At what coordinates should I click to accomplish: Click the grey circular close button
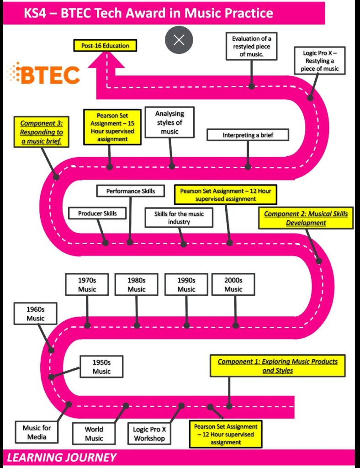point(179,40)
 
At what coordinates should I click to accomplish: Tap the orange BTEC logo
point(44,74)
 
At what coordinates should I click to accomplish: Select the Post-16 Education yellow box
point(105,46)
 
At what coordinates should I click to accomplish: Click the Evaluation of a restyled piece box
point(251,46)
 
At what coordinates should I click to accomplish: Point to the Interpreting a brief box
point(248,135)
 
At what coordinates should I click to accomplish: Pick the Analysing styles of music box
point(169,122)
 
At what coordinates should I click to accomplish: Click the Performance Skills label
point(131,191)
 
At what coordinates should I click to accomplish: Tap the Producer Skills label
point(97,213)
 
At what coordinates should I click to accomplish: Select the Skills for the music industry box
point(179,218)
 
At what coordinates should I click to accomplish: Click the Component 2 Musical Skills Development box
point(306,218)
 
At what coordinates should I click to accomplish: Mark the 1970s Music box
point(87,284)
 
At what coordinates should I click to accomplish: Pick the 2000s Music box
point(233,284)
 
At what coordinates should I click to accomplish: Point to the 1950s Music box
point(101,367)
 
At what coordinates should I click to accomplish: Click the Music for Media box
point(37,432)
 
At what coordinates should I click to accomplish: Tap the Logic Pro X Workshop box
point(149,434)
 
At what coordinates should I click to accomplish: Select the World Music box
point(94,433)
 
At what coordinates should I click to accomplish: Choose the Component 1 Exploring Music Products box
point(277,366)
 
